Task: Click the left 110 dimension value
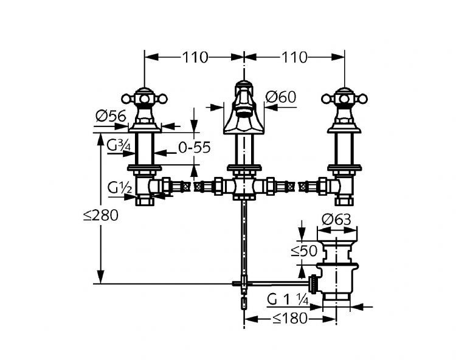(x=195, y=57)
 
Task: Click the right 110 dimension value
(x=294, y=57)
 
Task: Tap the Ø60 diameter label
(x=281, y=97)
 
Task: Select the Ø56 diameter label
(x=111, y=116)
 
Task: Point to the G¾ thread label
(x=118, y=145)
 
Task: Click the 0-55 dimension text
(x=194, y=148)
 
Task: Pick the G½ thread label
(x=120, y=188)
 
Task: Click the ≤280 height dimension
(x=100, y=215)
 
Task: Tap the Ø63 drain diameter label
(x=336, y=220)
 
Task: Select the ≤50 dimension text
(x=304, y=251)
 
